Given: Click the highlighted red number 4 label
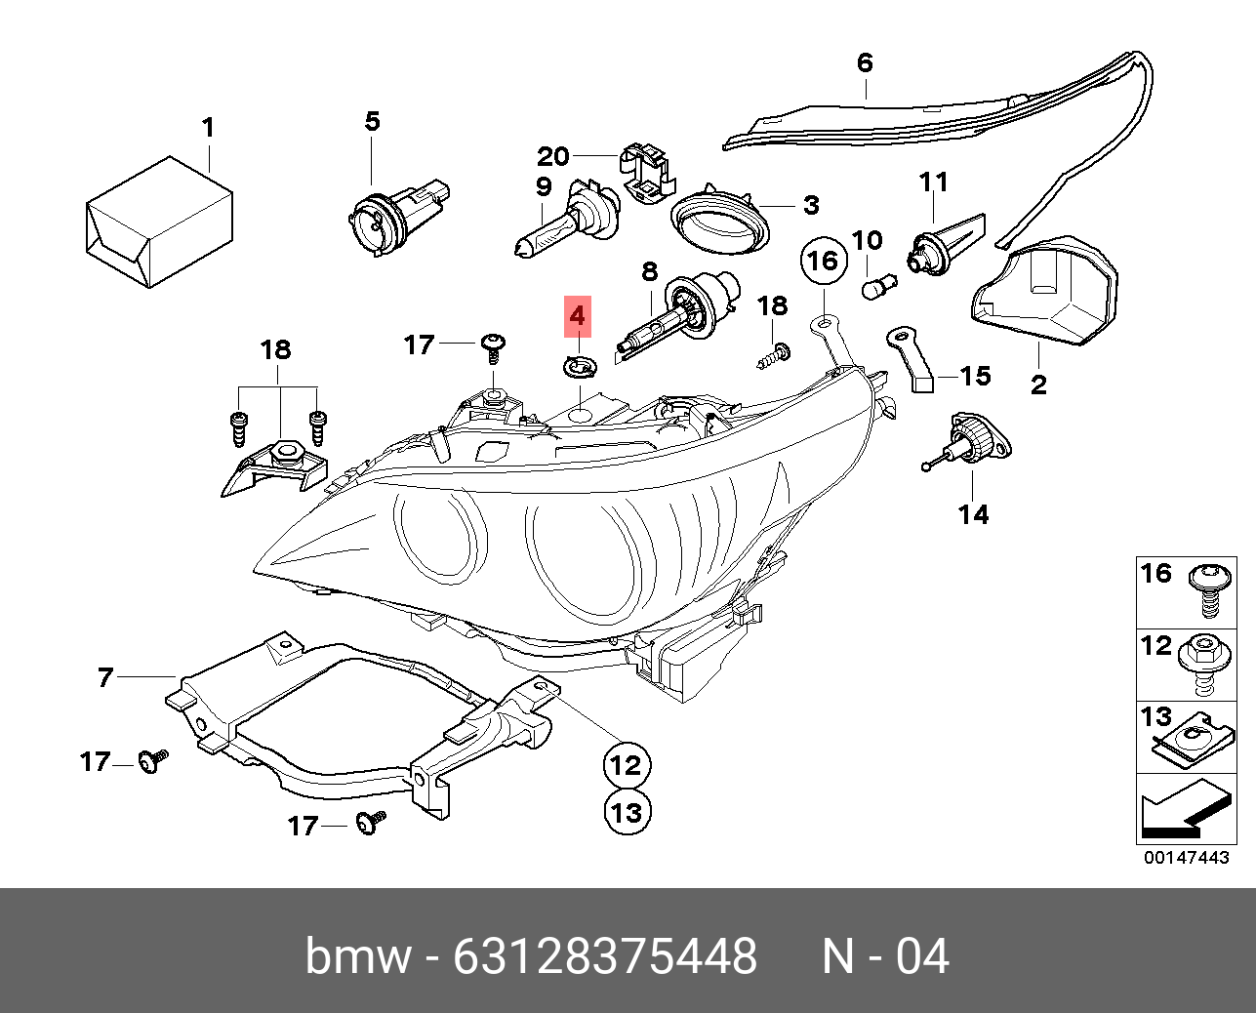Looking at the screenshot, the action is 577,317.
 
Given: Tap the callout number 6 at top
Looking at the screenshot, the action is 865,63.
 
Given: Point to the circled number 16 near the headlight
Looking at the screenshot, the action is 823,261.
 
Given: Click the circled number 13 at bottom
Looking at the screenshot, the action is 627,811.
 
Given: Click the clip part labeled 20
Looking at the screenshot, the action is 645,175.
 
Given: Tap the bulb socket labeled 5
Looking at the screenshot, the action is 395,214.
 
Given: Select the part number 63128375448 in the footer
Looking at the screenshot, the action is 605,955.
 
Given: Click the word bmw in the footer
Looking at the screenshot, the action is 358,955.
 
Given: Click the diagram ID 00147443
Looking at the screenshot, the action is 1186,858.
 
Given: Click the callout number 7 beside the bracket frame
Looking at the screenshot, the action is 105,676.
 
